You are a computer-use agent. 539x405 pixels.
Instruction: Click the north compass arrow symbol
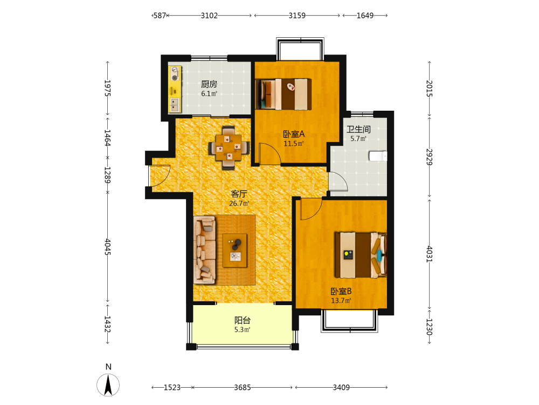point(108,384)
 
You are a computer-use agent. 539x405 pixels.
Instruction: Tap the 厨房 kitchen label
point(209,84)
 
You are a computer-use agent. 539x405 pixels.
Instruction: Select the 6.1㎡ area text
point(209,93)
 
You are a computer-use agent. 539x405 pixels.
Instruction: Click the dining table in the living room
point(229,148)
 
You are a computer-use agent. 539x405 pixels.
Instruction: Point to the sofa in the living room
point(205,250)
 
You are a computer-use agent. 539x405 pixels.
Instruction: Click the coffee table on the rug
point(235,251)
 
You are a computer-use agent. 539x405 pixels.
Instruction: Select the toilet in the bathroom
point(378,156)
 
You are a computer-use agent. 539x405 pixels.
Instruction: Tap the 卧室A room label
point(294,134)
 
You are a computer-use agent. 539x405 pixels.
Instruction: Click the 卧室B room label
point(341,292)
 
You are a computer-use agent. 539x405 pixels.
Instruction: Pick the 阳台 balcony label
point(243,320)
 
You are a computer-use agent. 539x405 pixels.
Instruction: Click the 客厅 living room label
point(239,194)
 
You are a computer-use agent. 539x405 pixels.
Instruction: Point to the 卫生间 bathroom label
point(358,130)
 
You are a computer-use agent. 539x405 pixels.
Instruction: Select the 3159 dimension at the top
point(297,16)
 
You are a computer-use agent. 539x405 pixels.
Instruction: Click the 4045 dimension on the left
point(108,247)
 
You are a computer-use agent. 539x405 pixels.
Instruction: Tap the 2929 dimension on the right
point(430,157)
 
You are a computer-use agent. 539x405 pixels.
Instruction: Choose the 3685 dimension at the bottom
point(243,387)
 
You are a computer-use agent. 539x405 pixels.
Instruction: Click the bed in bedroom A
point(284,94)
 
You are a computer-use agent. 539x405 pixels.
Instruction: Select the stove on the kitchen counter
point(175,73)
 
